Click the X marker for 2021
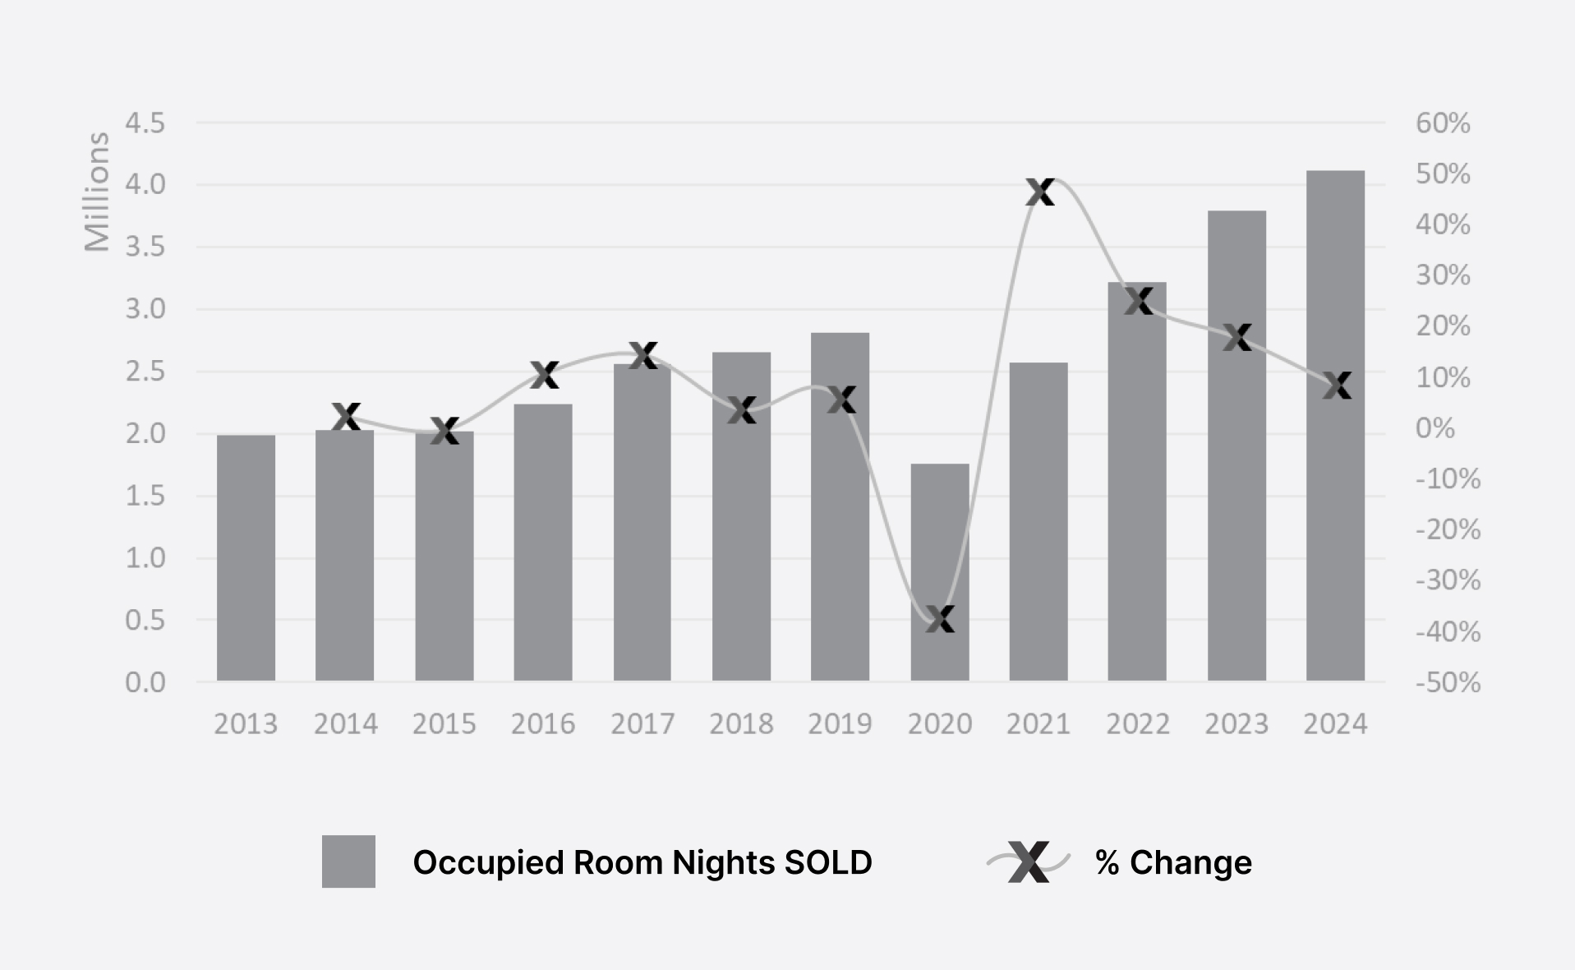[1040, 192]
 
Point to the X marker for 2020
[940, 619]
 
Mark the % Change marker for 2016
[544, 375]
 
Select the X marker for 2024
[1337, 385]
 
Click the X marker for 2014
[346, 416]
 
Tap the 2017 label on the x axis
[642, 724]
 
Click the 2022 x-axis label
[1138, 724]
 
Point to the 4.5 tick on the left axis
[145, 123]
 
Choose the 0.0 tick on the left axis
[145, 682]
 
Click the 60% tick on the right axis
[1443, 123]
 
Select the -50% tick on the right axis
[1448, 682]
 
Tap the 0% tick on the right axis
[1435, 428]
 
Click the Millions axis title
[97, 192]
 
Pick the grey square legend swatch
[348, 861]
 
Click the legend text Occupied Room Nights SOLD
[642, 862]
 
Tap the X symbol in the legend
[1029, 861]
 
